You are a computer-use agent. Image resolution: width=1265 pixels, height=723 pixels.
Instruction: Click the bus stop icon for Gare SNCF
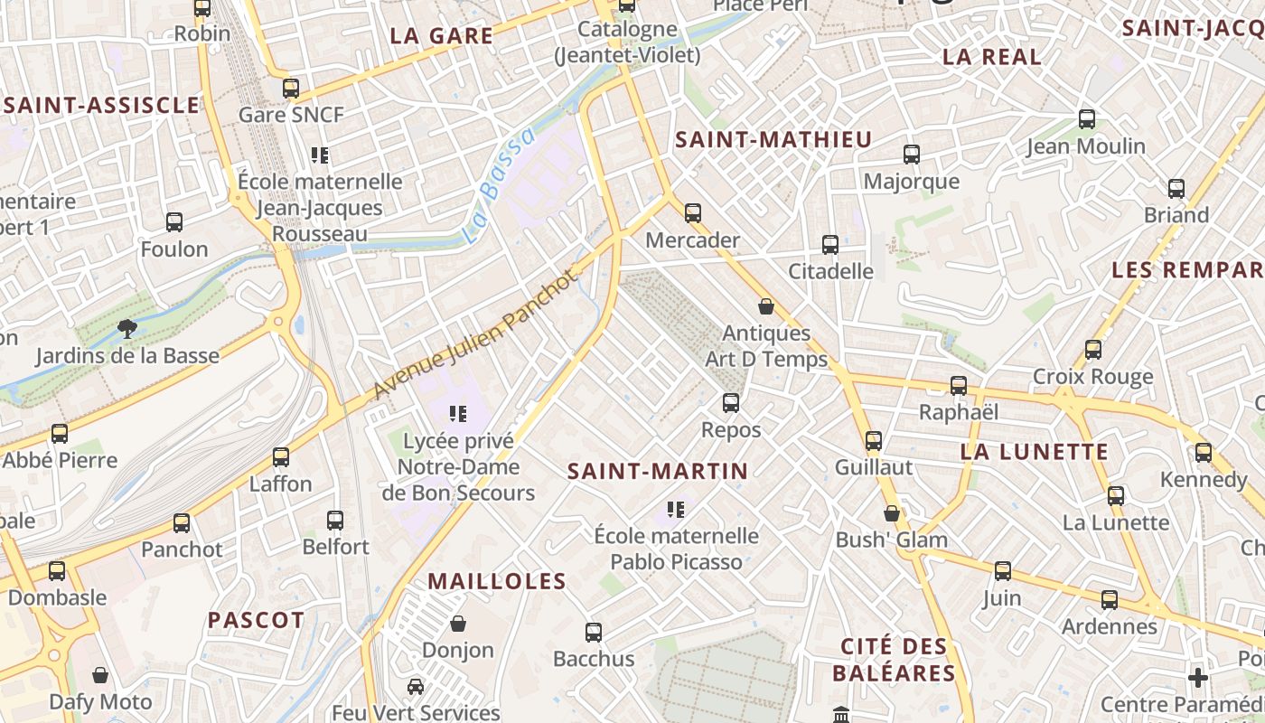pyautogui.click(x=291, y=89)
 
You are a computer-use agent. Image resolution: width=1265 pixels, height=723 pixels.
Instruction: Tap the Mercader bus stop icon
pyautogui.click(x=693, y=213)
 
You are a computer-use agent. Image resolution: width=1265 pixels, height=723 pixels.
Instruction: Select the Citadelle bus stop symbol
pyautogui.click(x=830, y=244)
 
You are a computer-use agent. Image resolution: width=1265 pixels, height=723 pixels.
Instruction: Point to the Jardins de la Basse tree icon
pyautogui.click(x=126, y=329)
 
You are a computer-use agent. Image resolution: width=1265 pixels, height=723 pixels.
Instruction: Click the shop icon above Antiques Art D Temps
pyautogui.click(x=766, y=307)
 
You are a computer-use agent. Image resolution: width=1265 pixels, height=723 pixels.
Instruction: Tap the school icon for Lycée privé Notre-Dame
pyautogui.click(x=458, y=415)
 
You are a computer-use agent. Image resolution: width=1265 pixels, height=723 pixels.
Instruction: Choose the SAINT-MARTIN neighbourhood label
pyautogui.click(x=658, y=471)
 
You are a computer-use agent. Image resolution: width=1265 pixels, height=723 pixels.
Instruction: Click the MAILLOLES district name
pyautogui.click(x=497, y=581)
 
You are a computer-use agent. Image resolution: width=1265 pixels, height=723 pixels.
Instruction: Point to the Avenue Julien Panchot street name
pyautogui.click(x=475, y=333)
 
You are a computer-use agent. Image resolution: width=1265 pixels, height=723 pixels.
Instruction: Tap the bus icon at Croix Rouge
pyautogui.click(x=1093, y=350)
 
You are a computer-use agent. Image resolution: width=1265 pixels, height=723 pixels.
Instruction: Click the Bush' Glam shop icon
pyautogui.click(x=892, y=513)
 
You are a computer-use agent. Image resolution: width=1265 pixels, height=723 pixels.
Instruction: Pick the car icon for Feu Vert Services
pyautogui.click(x=416, y=686)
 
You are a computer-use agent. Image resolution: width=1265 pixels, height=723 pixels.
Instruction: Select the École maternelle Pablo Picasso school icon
pyautogui.click(x=675, y=509)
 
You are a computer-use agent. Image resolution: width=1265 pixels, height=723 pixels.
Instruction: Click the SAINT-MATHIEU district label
pyautogui.click(x=773, y=139)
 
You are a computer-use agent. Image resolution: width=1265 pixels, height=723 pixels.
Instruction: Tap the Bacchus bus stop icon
pyautogui.click(x=594, y=633)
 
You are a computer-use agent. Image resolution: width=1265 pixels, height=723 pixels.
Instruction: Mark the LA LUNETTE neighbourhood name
pyautogui.click(x=1034, y=452)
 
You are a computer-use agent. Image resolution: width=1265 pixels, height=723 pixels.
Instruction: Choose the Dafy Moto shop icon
pyautogui.click(x=100, y=675)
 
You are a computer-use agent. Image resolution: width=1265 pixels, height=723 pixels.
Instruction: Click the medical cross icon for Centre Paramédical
pyautogui.click(x=1198, y=677)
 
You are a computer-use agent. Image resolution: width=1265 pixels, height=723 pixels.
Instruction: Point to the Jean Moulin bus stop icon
pyautogui.click(x=1087, y=119)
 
